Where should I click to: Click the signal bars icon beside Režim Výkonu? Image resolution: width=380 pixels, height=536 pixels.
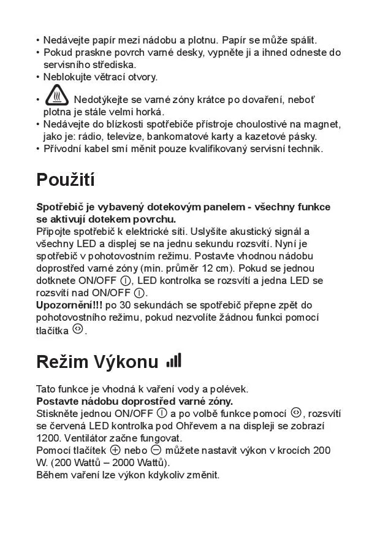[174, 361]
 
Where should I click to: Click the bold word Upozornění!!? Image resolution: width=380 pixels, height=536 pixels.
[70, 305]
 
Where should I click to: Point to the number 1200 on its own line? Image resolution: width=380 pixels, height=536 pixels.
[47, 438]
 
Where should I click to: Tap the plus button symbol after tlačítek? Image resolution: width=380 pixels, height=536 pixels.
[114, 450]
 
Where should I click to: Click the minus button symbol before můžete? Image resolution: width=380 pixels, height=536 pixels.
[156, 450]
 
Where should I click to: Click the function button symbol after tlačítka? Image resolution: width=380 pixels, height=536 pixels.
[77, 329]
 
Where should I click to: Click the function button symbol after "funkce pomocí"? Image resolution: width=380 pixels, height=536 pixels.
[296, 412]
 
